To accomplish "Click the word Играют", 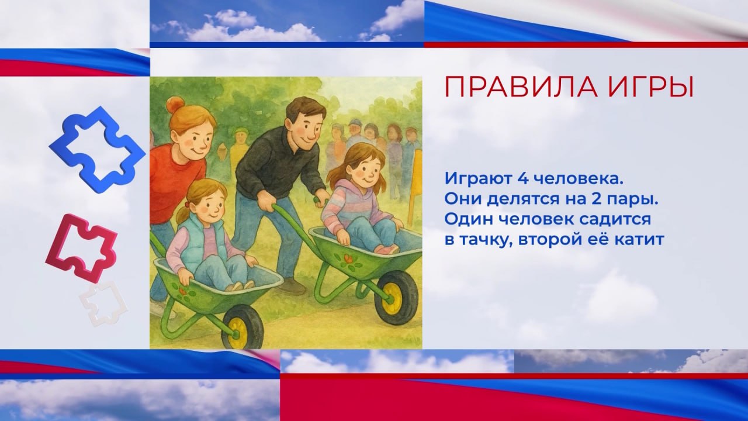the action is [478, 180].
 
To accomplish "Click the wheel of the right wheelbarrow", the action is [396, 297].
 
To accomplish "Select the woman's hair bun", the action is [174, 104].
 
